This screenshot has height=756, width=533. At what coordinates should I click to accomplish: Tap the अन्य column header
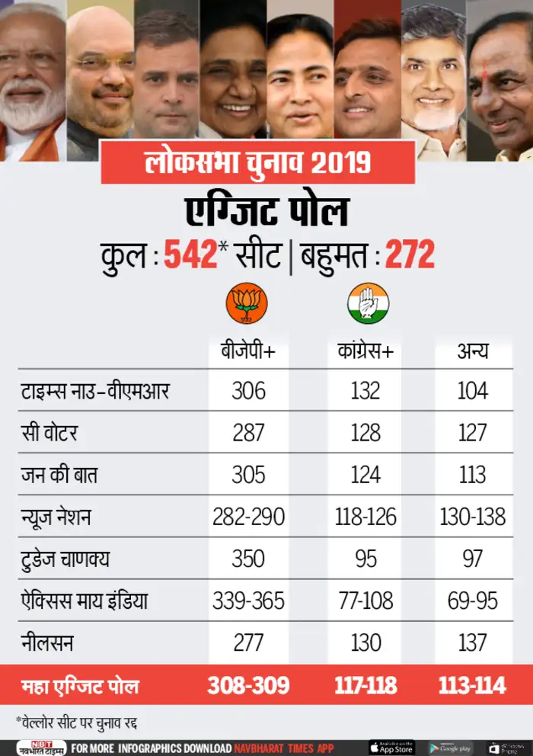tap(473, 352)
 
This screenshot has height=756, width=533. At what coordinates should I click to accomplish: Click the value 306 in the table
tap(248, 391)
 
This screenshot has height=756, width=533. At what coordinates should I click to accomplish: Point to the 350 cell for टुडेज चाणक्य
tap(248, 559)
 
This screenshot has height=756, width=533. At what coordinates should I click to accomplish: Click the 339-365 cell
tap(249, 601)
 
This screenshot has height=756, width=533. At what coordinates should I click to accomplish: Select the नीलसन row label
tap(46, 642)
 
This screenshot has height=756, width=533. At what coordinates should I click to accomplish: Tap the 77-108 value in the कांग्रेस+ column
tap(366, 601)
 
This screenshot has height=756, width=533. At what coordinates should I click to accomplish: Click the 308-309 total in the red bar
tap(249, 685)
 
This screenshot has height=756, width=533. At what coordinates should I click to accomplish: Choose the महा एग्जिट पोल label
tap(79, 686)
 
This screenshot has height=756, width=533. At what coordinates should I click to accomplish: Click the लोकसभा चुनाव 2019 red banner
tap(257, 162)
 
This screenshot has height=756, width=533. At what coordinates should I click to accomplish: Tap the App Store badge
tap(391, 748)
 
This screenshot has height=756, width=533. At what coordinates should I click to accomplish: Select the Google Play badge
tap(450, 748)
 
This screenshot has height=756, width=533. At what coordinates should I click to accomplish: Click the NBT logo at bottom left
tap(39, 748)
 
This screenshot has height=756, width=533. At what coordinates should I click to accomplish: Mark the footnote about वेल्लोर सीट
tap(75, 721)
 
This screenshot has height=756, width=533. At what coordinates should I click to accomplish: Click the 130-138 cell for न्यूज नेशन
tap(472, 517)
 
